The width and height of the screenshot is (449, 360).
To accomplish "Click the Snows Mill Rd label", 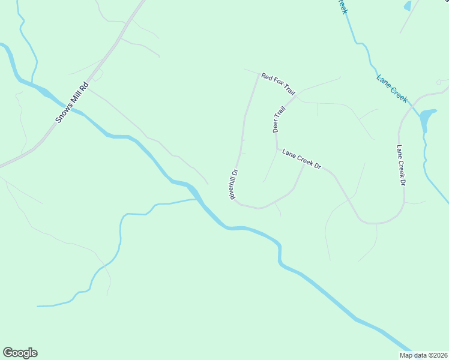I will (x=71, y=103).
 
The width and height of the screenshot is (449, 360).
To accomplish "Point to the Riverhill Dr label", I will (x=233, y=184).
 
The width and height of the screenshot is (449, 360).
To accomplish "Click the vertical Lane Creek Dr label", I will (x=401, y=165).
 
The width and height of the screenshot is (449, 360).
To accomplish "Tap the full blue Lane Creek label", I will (x=392, y=88).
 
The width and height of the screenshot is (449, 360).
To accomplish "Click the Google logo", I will (x=20, y=353).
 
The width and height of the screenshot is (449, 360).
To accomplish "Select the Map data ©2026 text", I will (x=424, y=355).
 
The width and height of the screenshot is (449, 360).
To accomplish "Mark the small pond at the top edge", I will (x=408, y=6).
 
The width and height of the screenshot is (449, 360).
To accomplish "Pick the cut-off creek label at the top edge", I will (x=341, y=7).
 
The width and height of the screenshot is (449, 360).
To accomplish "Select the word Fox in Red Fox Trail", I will (x=278, y=85).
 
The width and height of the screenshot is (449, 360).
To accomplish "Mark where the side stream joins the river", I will (x=197, y=200).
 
